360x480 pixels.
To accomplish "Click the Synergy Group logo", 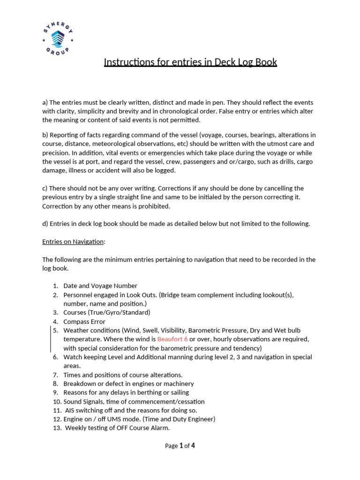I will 58,39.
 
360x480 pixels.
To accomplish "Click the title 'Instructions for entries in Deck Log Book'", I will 190,62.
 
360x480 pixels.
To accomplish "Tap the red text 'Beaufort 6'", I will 172,339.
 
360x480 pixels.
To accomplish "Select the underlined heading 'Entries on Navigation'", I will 74,241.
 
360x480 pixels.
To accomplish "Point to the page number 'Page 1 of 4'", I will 180,446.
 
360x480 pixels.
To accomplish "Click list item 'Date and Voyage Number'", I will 100,285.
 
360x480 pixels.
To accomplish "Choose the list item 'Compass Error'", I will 84,322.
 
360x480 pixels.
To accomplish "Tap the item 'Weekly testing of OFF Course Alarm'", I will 117,428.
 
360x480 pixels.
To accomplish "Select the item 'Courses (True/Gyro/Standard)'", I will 107,312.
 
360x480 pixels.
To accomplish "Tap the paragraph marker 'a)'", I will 45,102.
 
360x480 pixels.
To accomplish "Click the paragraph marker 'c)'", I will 45,188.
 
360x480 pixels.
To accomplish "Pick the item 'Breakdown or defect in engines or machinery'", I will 128,383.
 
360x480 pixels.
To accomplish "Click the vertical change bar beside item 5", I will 51,339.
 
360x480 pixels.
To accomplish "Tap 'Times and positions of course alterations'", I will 123,375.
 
